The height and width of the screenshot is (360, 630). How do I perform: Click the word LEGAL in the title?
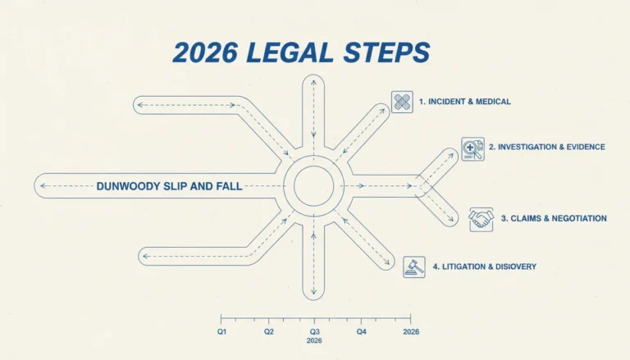coord(290,52)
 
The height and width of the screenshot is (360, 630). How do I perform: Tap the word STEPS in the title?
coord(387,52)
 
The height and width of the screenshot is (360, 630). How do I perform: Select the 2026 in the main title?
coord(205,52)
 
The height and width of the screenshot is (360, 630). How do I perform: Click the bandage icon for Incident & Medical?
coord(402,102)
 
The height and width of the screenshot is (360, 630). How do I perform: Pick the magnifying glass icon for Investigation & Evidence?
coord(472,149)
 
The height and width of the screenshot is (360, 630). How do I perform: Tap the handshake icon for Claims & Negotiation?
coord(481,220)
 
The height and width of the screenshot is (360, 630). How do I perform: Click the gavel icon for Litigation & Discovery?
coord(414,267)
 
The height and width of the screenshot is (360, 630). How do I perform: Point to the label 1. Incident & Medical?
coord(465,102)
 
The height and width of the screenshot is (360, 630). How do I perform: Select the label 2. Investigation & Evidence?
coord(547,147)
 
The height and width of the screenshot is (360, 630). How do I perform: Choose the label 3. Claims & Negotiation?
coord(554,219)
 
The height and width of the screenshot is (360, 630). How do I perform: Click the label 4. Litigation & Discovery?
coord(485,267)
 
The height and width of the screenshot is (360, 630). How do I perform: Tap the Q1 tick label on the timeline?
coord(221,332)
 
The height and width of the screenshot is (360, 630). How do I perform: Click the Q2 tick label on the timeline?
coord(269,332)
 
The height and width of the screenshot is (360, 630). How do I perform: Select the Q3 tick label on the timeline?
coord(315,332)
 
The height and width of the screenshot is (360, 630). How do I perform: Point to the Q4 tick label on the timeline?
coord(361,332)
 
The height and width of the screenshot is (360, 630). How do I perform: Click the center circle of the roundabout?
coord(314,186)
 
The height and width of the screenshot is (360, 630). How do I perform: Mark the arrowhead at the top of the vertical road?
coord(313,82)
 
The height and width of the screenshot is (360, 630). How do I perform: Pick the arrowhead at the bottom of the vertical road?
coord(313,292)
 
